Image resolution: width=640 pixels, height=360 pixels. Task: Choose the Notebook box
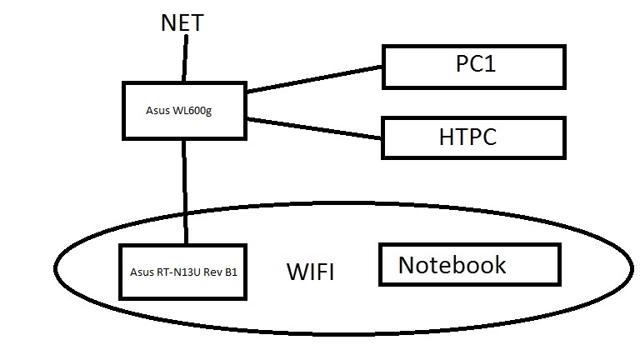point(468,266)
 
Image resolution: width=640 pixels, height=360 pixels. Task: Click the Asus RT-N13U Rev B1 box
point(184,272)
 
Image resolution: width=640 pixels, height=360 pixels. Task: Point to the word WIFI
point(310,272)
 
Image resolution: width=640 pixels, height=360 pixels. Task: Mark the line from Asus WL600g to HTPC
point(315,128)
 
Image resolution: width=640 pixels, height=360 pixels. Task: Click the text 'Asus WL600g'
point(177,110)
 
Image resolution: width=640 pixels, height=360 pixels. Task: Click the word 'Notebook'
point(452,265)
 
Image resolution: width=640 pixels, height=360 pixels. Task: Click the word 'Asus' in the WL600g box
point(156,110)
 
